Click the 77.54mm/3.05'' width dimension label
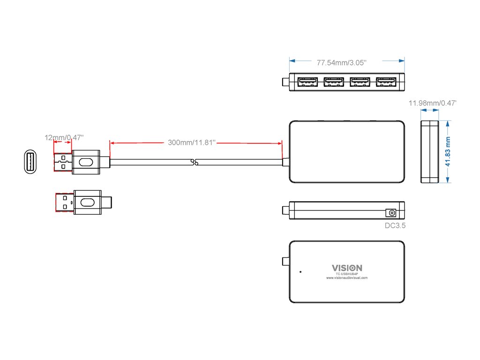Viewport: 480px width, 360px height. [341, 62]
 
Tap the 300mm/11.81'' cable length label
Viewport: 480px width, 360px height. [191, 142]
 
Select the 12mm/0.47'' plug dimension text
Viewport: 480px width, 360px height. [64, 137]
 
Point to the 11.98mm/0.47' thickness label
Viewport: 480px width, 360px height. [433, 103]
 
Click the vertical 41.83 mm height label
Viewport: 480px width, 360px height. [448, 151]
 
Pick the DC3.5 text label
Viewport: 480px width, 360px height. [394, 226]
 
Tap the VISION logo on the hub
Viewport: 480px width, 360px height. [347, 268]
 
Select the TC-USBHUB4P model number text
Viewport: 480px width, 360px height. [347, 273]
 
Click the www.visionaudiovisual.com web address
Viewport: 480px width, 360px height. [347, 277]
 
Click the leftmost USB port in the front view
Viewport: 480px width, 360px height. [307, 82]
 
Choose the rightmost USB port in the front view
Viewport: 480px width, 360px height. [386, 82]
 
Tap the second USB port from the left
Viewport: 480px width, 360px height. [333, 82]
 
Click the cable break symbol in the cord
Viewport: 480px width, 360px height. [196, 163]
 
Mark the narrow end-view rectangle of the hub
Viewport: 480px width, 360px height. [429, 151]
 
